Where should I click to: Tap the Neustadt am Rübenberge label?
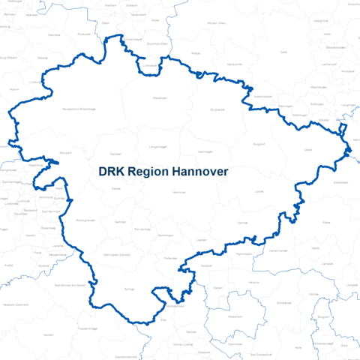click(x=78, y=109)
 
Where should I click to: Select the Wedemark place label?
click(x=160, y=97)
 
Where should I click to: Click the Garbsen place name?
click(x=116, y=189)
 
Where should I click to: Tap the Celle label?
click(x=284, y=52)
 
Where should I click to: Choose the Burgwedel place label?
click(x=217, y=109)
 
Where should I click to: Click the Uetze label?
click(x=307, y=150)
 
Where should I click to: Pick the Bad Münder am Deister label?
click(x=73, y=285)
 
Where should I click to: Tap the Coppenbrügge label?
click(x=88, y=328)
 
